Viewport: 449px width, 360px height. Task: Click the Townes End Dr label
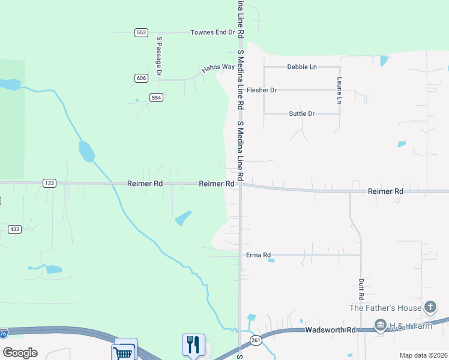212,32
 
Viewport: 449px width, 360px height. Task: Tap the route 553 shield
141,32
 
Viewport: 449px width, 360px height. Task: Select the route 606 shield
141,78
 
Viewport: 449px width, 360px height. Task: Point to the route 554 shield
156,97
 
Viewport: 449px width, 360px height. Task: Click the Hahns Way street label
218,67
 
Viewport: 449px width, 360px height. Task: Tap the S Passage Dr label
159,56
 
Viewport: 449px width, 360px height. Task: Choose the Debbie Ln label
301,67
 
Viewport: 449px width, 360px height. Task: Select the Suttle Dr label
301,113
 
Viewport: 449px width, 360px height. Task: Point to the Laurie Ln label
340,90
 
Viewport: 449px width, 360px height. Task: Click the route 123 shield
49,183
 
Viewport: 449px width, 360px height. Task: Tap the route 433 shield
15,229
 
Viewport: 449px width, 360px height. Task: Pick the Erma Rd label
259,255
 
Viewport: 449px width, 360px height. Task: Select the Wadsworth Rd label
330,329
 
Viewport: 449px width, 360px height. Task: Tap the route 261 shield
256,340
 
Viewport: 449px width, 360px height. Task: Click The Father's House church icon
430,308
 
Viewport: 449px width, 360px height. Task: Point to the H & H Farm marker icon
379,326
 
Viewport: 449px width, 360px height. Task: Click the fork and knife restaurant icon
193,344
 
